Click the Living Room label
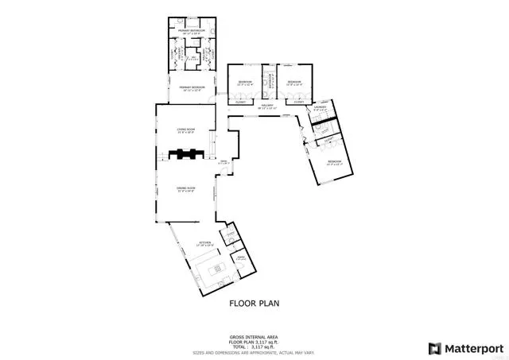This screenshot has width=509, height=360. click(x=186, y=129)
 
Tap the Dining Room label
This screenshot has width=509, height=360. click(x=186, y=188)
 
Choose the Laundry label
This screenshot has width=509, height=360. click(x=320, y=109)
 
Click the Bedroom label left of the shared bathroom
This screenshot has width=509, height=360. click(x=245, y=82)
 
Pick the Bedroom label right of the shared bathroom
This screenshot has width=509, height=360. click(x=294, y=82)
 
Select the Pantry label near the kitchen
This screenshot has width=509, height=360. click(x=239, y=257)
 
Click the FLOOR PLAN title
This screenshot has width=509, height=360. click(x=254, y=303)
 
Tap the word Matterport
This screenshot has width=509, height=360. click(x=472, y=347)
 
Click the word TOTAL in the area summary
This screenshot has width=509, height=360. click(x=238, y=346)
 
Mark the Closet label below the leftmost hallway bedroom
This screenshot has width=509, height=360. click(x=240, y=102)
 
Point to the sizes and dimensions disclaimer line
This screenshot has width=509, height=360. click(x=254, y=352)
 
